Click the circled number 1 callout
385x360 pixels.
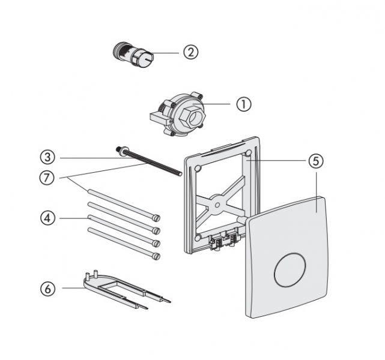click(243, 104)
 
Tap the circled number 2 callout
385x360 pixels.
click(190, 52)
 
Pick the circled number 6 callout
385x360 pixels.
click(48, 289)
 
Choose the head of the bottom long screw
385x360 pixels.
click(157, 256)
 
